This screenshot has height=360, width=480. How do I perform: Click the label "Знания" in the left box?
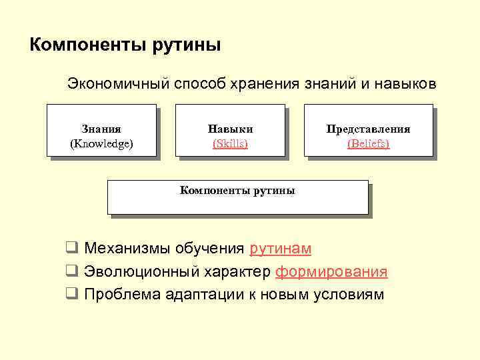(x=101, y=129)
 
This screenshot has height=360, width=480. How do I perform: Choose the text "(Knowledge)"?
(x=101, y=143)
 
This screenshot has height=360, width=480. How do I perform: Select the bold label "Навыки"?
(x=230, y=129)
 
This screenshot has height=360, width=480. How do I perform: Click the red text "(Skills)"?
(x=230, y=143)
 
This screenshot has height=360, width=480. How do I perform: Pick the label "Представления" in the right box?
(x=368, y=129)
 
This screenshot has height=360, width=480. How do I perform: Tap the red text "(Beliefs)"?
(x=368, y=143)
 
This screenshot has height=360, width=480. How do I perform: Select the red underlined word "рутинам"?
(x=280, y=249)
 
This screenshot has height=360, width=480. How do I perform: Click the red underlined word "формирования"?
(x=331, y=271)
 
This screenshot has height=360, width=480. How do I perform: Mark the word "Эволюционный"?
(x=132, y=271)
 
